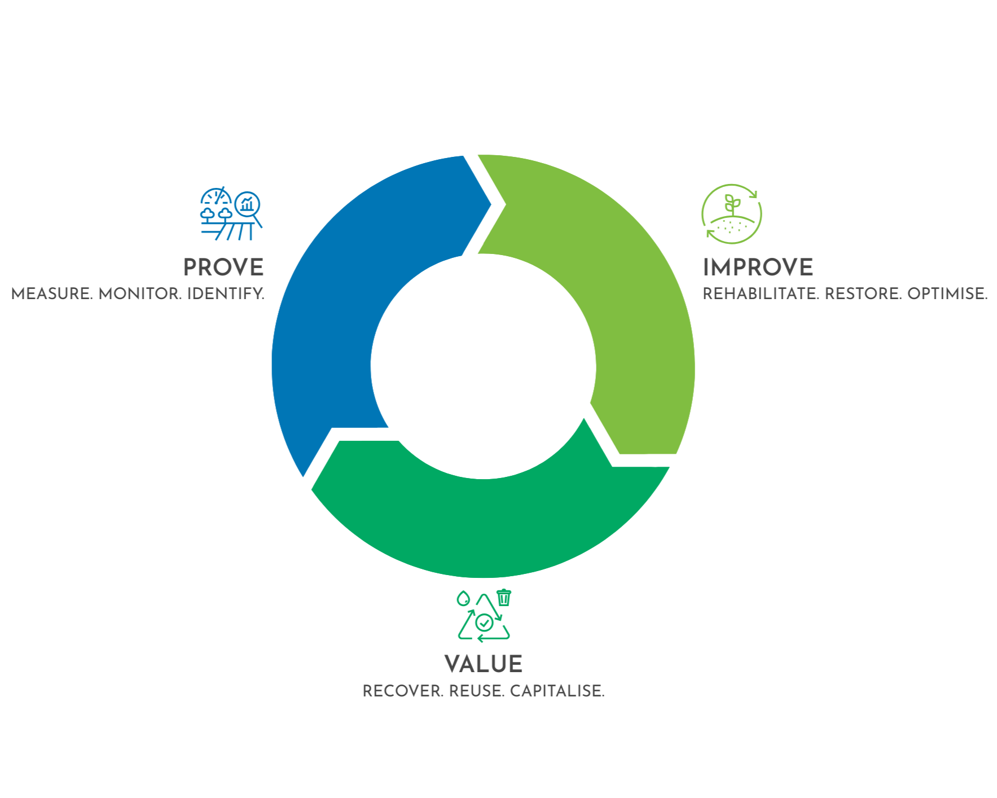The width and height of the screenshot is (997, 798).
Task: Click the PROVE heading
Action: pos(223,268)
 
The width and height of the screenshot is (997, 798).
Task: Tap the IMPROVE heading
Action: pos(757,268)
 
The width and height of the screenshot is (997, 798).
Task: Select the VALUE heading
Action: pos(483,664)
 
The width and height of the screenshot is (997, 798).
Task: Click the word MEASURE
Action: pos(51,294)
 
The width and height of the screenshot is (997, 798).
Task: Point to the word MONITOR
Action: pos(139,294)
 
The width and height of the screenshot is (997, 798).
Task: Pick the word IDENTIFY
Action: pos(225,294)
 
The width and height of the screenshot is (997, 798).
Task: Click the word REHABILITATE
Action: pos(760,294)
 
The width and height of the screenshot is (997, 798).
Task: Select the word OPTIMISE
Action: pos(947,294)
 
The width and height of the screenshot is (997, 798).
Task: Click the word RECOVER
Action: pos(403,691)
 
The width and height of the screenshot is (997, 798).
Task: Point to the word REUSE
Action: pos(476,691)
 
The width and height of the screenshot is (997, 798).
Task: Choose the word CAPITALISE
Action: pos(557,691)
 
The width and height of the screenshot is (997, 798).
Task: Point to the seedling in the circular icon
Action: pos(732,204)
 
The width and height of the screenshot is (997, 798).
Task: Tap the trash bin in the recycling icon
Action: pos(504,597)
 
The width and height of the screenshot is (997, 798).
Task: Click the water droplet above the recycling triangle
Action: pos(463,598)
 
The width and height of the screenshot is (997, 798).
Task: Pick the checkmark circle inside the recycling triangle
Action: pos(484,622)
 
